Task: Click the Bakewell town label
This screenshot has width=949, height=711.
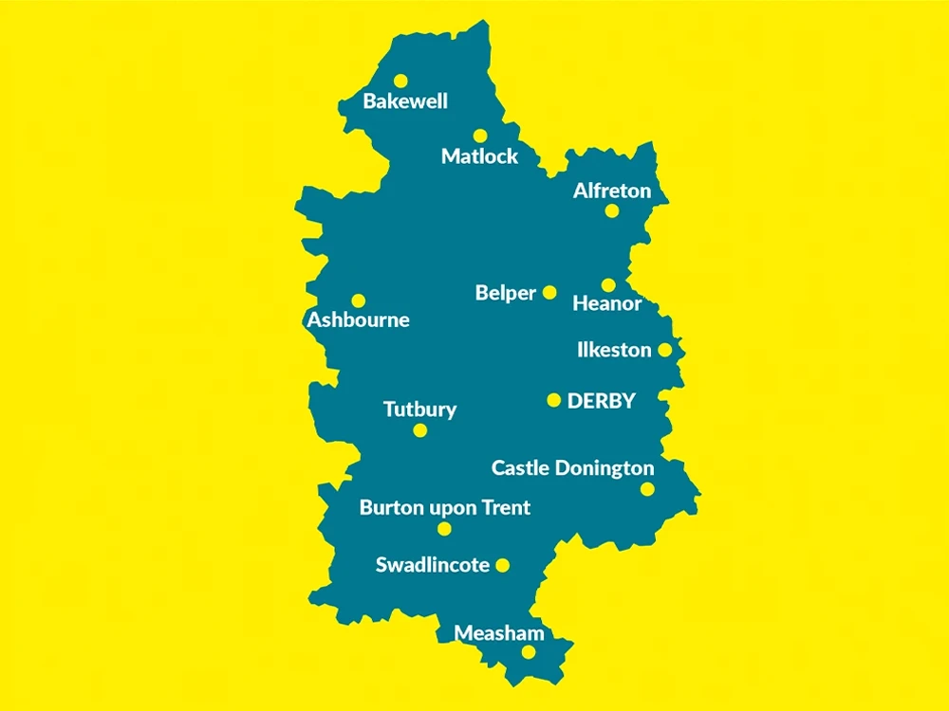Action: (405, 101)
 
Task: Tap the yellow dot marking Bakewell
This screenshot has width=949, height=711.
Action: (400, 81)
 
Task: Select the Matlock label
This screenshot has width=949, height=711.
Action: (479, 156)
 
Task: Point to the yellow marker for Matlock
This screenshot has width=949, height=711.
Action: (480, 136)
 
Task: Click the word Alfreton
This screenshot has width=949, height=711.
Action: (612, 191)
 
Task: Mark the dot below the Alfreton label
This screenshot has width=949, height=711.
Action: (612, 210)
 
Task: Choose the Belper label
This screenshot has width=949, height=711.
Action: (506, 293)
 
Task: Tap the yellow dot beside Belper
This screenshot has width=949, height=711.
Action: (549, 293)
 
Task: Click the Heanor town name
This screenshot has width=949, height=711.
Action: (607, 304)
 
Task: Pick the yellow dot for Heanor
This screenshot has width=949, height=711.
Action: (608, 284)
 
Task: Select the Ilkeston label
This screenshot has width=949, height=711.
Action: (614, 350)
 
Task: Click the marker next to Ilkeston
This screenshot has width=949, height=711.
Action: (664, 350)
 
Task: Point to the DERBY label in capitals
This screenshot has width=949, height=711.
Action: (601, 401)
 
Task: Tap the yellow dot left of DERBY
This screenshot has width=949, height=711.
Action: (554, 400)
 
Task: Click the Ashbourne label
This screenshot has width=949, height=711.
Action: (358, 319)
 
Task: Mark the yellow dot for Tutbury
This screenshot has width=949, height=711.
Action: (420, 430)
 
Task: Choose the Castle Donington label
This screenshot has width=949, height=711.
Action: (572, 468)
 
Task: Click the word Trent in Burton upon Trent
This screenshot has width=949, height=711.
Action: (506, 507)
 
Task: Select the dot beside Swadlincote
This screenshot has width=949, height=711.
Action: (503, 566)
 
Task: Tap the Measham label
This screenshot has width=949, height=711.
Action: (499, 632)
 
